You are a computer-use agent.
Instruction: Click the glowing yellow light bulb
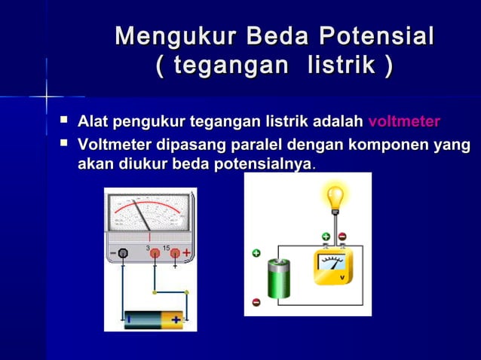tap(334, 200)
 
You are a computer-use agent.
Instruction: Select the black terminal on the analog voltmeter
tap(122, 254)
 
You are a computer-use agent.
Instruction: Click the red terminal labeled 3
tap(155, 254)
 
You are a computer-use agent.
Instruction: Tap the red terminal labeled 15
tap(175, 254)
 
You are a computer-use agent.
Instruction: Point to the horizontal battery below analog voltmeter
tap(154, 319)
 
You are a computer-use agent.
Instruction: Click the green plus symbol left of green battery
tap(256, 253)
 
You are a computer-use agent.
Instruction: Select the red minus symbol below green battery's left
tap(256, 302)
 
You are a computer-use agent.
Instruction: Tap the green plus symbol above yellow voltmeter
tap(326, 236)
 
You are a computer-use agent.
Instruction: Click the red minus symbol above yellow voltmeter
tap(342, 236)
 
